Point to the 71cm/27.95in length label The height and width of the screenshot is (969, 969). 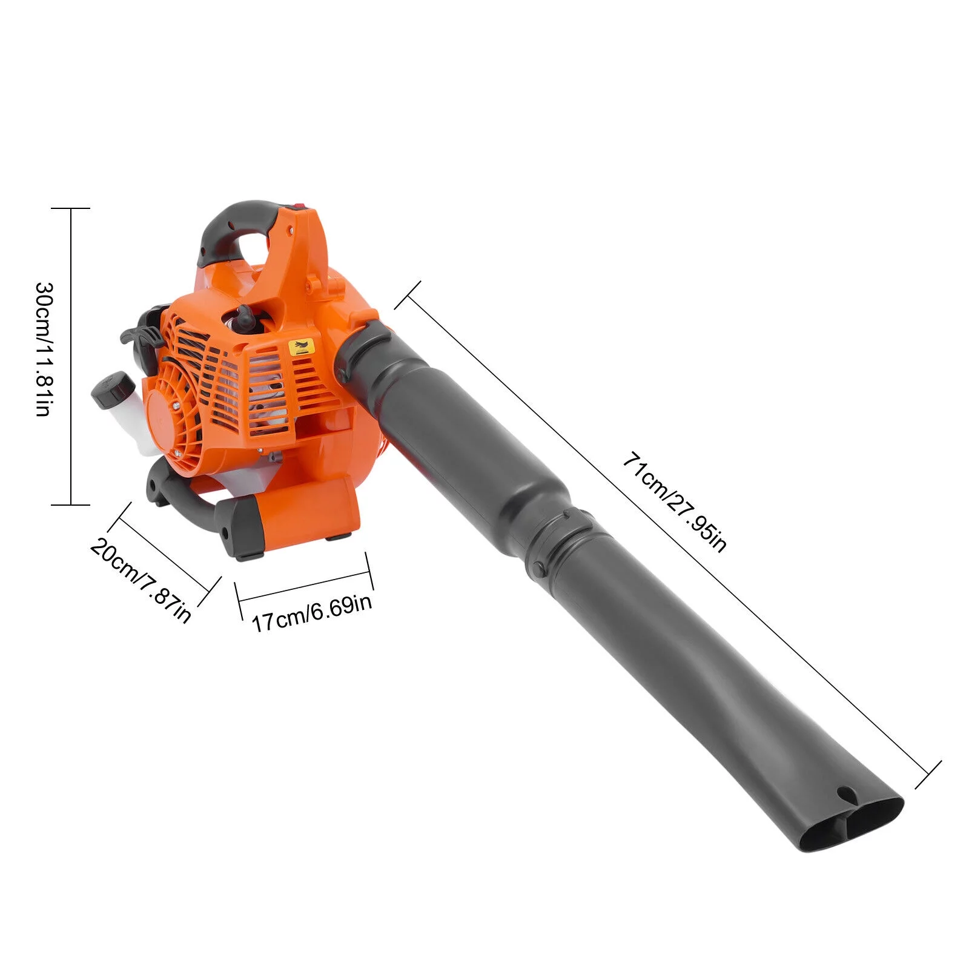click(673, 501)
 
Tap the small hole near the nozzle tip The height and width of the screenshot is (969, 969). click(843, 793)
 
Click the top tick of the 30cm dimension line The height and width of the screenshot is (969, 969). click(71, 208)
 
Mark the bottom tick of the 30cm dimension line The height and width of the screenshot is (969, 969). click(71, 504)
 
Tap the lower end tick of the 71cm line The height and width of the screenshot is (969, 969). click(928, 775)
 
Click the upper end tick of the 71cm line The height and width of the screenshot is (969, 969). click(408, 295)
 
